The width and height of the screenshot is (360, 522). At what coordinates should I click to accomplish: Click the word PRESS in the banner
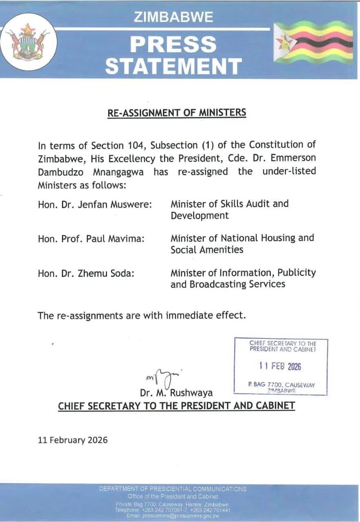[173, 44]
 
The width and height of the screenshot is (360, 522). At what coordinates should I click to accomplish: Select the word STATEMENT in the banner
[173, 66]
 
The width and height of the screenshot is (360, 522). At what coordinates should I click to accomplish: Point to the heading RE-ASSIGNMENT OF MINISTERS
[177, 113]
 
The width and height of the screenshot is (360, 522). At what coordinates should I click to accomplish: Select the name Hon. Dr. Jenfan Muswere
[95, 204]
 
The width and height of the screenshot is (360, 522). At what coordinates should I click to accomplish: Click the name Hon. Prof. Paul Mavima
[91, 239]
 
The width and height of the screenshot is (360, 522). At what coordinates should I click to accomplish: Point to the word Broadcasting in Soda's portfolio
[219, 284]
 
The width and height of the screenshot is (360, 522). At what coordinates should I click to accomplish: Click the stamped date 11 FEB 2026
[280, 366]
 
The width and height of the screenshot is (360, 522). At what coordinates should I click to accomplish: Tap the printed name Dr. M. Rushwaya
[176, 393]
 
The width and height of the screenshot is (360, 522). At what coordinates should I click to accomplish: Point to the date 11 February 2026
[73, 440]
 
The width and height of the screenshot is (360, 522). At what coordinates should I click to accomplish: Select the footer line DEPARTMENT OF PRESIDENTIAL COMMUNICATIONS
[173, 489]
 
